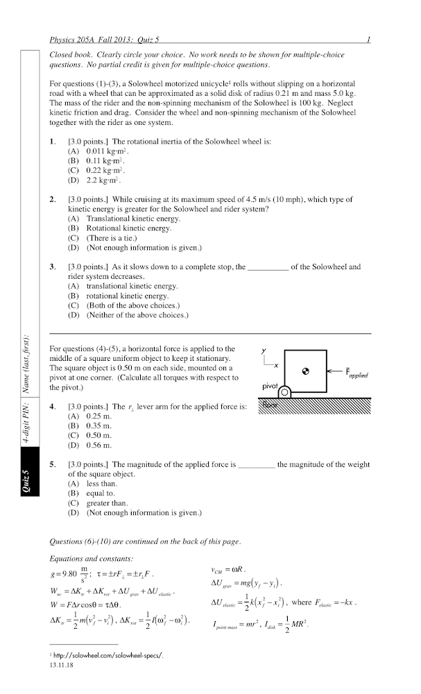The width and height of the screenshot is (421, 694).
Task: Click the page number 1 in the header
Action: tap(368, 40)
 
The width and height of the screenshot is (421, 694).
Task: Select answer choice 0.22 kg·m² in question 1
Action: tap(101, 170)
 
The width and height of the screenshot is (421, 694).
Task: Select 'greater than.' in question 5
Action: tap(106, 503)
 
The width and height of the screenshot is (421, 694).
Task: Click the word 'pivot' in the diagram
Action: tap(270, 385)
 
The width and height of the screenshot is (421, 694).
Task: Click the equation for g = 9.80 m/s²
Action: tap(71, 575)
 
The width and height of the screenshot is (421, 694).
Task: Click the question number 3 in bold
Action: tap(53, 266)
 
